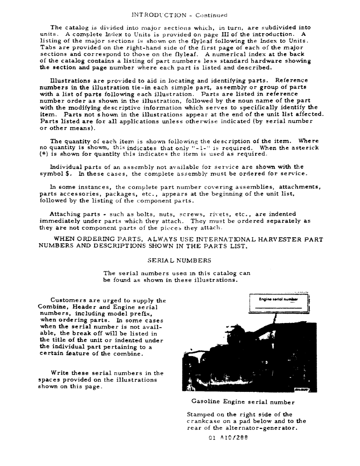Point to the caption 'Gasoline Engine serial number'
point(243,402)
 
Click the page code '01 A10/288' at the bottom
point(229,437)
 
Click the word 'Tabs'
point(48,48)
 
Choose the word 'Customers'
point(70,300)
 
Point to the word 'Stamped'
point(201,415)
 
